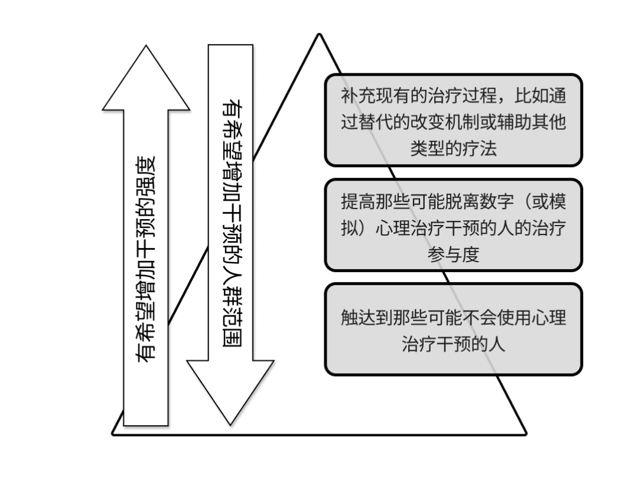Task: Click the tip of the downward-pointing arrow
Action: pos(230,424)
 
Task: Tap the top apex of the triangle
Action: pos(320,34)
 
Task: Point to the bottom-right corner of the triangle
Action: pos(525,434)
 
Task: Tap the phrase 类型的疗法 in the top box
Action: pos(454,148)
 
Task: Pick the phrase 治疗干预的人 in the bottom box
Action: pos(454,344)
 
